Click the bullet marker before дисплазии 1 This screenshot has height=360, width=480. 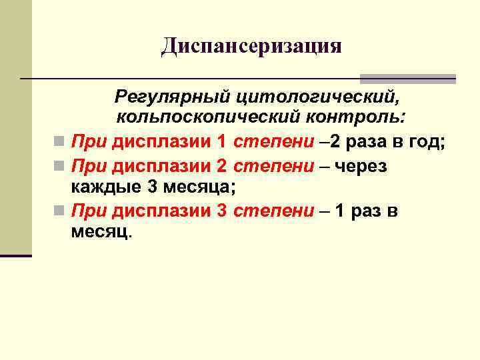point(60,142)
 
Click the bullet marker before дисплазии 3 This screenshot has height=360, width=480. point(60,212)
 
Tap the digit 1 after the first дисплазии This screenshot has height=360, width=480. point(221,141)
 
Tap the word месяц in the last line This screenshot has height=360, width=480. point(101,234)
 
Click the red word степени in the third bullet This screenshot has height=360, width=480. point(273,211)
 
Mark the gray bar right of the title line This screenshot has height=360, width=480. point(408,79)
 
